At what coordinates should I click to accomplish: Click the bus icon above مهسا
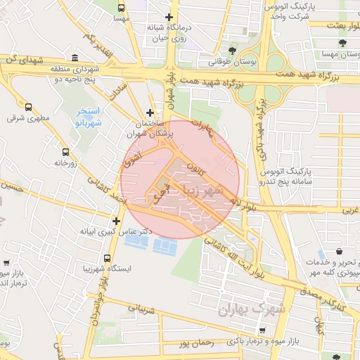(x=122, y=8)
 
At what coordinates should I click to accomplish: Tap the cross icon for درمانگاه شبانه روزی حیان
(x=169, y=17)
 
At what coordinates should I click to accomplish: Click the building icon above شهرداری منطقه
(x=75, y=58)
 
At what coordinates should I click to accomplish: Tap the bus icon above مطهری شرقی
(x=28, y=107)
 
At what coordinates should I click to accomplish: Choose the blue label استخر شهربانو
(x=89, y=117)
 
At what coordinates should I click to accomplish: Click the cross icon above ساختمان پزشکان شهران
(x=149, y=112)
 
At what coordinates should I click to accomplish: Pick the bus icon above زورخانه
(x=65, y=151)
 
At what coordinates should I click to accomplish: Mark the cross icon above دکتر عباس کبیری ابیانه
(x=117, y=221)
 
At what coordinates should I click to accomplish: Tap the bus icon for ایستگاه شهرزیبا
(x=107, y=258)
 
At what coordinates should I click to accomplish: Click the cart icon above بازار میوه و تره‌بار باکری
(x=262, y=330)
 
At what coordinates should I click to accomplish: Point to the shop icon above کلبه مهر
(x=340, y=251)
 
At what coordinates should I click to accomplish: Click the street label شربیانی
(x=140, y=309)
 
